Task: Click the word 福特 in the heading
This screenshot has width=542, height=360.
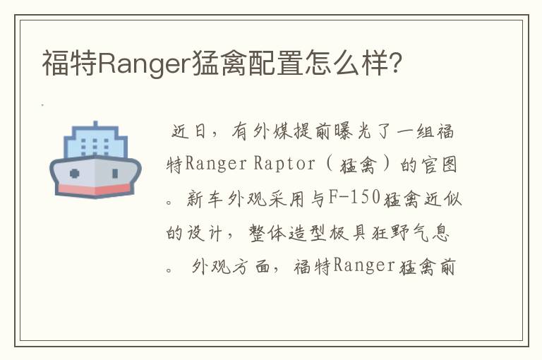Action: coord(68,63)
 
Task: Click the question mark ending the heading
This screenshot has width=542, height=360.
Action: coord(397,63)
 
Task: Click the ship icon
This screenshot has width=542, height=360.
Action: coord(95,159)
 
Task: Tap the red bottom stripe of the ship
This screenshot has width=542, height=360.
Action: coord(95,188)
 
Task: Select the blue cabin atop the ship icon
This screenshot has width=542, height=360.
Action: coord(95,140)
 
